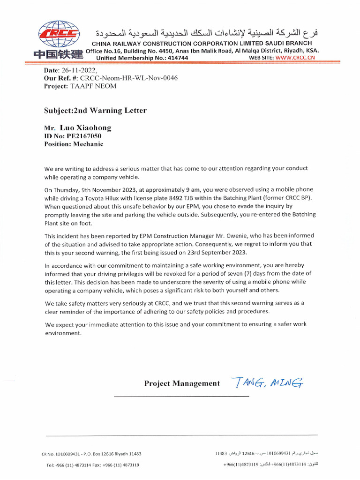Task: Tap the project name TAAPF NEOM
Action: click(94, 86)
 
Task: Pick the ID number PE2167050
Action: click(84, 136)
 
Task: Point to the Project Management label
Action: click(182, 383)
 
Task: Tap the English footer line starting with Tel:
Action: click(92, 465)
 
